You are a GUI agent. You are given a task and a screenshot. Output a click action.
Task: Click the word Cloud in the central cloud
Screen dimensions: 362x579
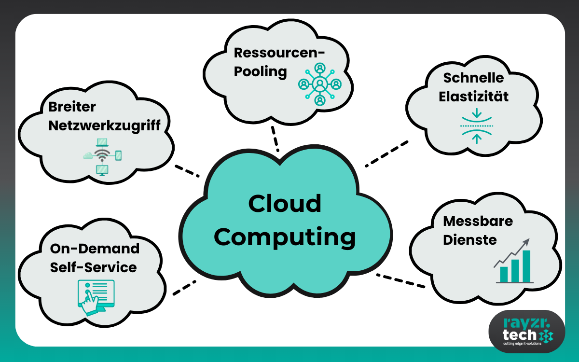[285, 204]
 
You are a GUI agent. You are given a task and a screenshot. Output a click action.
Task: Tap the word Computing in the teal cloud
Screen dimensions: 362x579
[285, 237]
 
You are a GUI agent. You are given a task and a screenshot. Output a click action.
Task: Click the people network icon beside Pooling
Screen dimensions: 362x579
[319, 84]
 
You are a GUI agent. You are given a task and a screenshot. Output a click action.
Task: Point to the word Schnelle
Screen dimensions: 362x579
[467, 78]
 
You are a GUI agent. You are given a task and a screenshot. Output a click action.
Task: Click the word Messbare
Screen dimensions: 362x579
[478, 221]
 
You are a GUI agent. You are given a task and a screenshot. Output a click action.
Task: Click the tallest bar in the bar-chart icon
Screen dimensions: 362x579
[526, 265]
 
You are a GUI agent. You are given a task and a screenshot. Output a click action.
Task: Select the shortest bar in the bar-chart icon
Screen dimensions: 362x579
[504, 274]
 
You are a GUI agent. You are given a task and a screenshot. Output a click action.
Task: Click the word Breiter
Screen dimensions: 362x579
[72, 107]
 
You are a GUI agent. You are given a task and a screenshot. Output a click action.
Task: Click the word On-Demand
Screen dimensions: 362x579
[95, 249]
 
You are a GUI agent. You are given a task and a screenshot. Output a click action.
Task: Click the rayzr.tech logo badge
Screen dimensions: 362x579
[526, 331]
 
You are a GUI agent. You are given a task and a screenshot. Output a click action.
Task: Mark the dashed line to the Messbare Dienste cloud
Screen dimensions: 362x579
[400, 281]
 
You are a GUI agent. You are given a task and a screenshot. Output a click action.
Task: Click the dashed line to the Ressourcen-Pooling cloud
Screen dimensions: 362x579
[275, 139]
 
